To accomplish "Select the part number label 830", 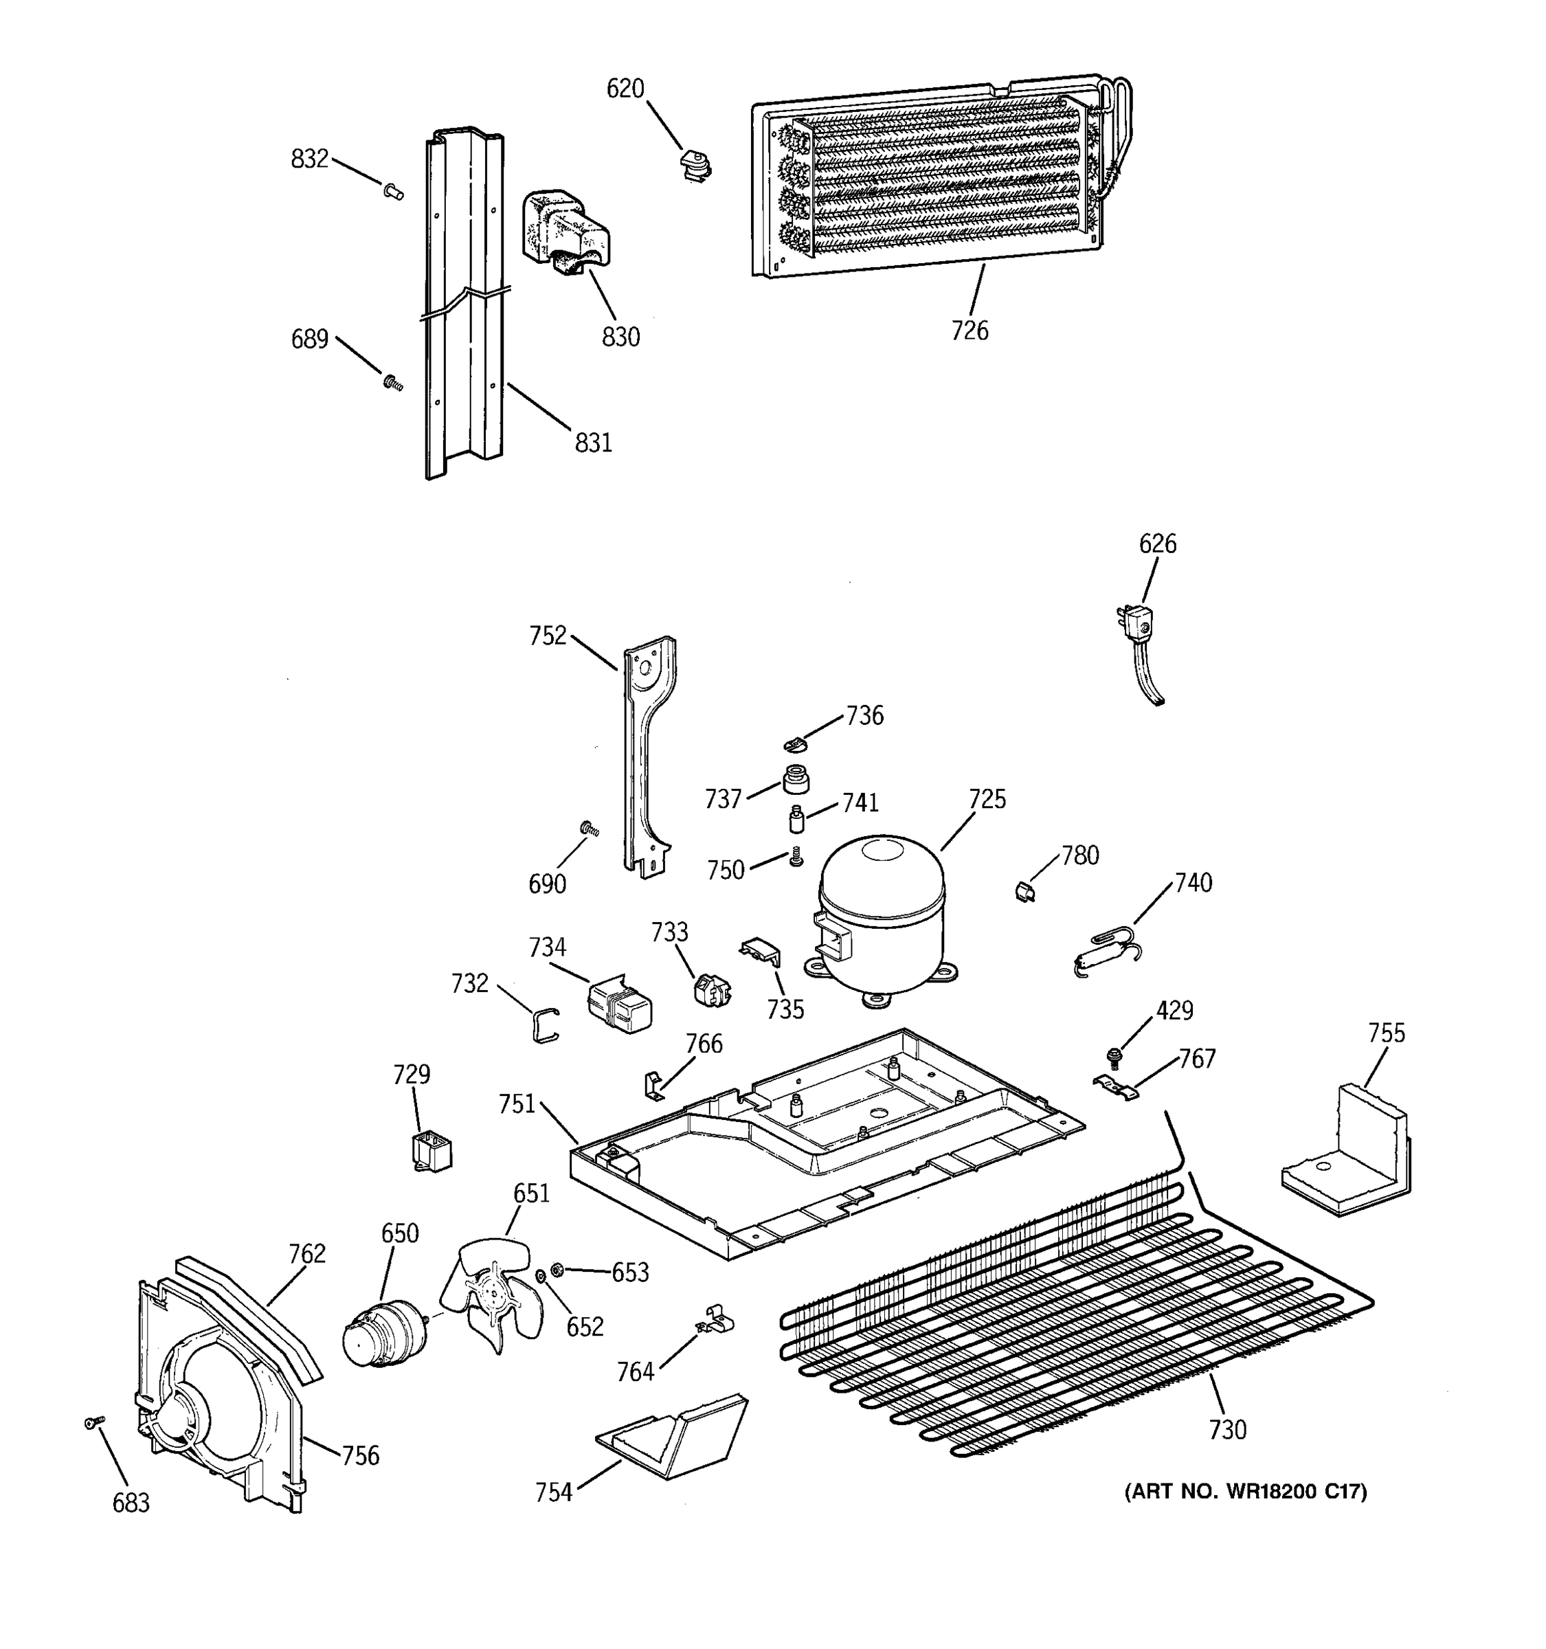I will [620, 337].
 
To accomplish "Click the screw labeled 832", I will [394, 192].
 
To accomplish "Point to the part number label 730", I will [1226, 1429].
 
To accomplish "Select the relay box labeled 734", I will [620, 1004].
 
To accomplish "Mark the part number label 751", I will [517, 1104].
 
